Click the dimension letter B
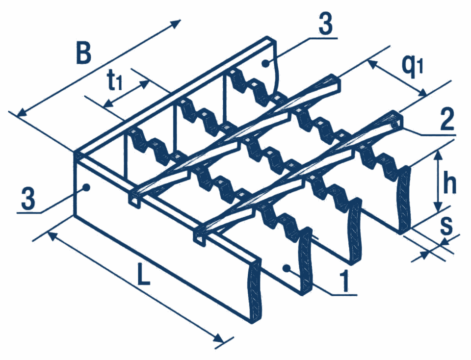(83, 54)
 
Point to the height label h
(449, 183)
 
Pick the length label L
(143, 274)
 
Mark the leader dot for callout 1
(287, 267)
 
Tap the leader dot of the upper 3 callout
(264, 63)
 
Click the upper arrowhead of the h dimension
(439, 155)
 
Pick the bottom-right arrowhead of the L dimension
(218, 338)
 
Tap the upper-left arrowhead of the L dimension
(53, 236)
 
